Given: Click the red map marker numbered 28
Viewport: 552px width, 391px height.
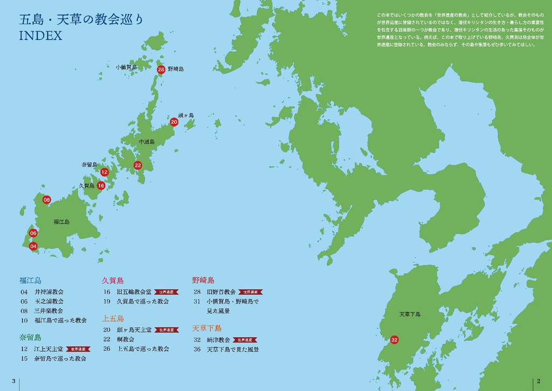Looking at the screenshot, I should [x=161, y=70].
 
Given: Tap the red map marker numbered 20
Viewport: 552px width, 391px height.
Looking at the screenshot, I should [x=174, y=122].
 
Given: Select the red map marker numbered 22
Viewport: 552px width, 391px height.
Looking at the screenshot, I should [x=138, y=165].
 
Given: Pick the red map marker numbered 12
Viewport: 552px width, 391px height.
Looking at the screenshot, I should [x=105, y=172].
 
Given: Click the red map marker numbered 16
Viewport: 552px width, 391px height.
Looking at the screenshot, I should [x=101, y=185].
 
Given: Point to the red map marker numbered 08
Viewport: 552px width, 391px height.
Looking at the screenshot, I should [x=47, y=200].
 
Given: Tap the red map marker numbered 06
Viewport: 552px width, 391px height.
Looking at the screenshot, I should [x=33, y=233].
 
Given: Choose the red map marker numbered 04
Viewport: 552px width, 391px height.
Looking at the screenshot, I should [x=33, y=246].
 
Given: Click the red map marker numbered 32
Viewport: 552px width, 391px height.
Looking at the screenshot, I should [x=394, y=340].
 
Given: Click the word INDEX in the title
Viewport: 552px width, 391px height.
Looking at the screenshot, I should [x=40, y=37].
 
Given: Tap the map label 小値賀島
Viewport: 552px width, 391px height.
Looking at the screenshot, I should [x=126, y=67].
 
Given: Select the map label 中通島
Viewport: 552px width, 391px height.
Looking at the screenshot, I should [x=147, y=142].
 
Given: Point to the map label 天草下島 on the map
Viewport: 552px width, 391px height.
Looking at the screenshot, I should [x=410, y=314].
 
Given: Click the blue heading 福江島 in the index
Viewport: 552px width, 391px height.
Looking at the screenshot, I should [x=30, y=280].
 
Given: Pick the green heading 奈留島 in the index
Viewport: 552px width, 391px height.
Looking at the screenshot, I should [x=30, y=338].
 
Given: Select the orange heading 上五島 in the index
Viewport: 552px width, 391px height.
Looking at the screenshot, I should [x=113, y=318].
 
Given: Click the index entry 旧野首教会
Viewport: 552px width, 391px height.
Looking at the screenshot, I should [x=222, y=292].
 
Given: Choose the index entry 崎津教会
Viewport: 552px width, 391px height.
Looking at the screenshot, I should [x=218, y=340].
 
